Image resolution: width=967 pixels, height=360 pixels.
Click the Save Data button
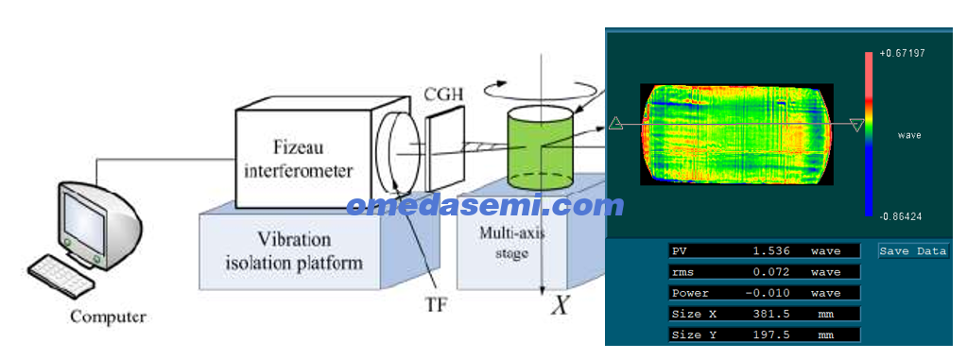[x=913, y=251]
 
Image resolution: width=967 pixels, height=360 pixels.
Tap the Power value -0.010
[x=765, y=293]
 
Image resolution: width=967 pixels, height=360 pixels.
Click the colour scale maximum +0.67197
[x=902, y=54]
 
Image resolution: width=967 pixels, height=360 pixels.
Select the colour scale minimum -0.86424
[x=902, y=217]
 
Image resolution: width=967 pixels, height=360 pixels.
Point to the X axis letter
[x=558, y=306]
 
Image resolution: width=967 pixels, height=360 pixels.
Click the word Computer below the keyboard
[x=109, y=318]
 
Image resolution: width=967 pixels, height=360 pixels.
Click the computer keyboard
[x=61, y=274]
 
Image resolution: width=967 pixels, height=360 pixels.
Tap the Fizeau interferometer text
[x=299, y=159]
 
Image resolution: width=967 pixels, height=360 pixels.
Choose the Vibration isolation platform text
[x=294, y=251]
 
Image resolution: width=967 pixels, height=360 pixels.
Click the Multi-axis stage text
[x=511, y=242]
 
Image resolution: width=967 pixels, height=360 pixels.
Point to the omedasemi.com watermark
[x=485, y=205]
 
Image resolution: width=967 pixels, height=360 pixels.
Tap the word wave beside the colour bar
[x=909, y=135]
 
